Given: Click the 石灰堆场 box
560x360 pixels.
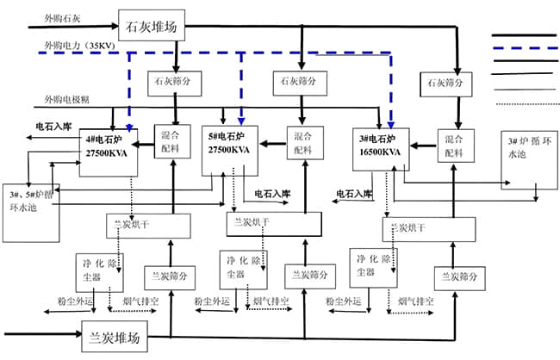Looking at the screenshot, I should click(x=152, y=28).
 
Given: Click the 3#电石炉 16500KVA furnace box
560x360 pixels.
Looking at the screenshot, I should click(x=381, y=145).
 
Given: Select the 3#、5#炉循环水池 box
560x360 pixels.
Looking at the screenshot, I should click(x=31, y=210).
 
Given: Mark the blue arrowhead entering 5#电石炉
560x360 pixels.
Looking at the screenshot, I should click(x=241, y=121).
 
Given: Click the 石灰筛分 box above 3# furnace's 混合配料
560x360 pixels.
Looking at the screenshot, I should click(x=445, y=83).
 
